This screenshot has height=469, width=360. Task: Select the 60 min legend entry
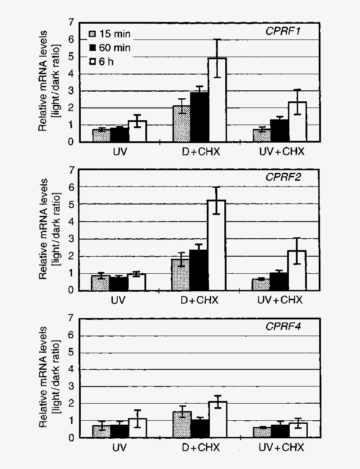click(x=110, y=48)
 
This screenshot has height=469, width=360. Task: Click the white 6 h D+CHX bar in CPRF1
click(x=217, y=101)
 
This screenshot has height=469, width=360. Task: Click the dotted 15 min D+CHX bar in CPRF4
click(x=182, y=425)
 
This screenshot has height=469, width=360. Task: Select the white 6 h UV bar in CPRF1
click(x=137, y=131)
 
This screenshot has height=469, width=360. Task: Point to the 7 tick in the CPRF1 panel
click(x=71, y=22)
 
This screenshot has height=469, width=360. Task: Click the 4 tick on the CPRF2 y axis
click(x=71, y=222)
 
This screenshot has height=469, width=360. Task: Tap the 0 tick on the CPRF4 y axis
click(x=71, y=437)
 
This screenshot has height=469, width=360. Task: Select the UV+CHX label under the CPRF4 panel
click(x=280, y=448)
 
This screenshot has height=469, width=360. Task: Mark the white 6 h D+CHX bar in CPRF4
click(x=217, y=420)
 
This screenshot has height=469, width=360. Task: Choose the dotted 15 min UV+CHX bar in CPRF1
click(x=261, y=136)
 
